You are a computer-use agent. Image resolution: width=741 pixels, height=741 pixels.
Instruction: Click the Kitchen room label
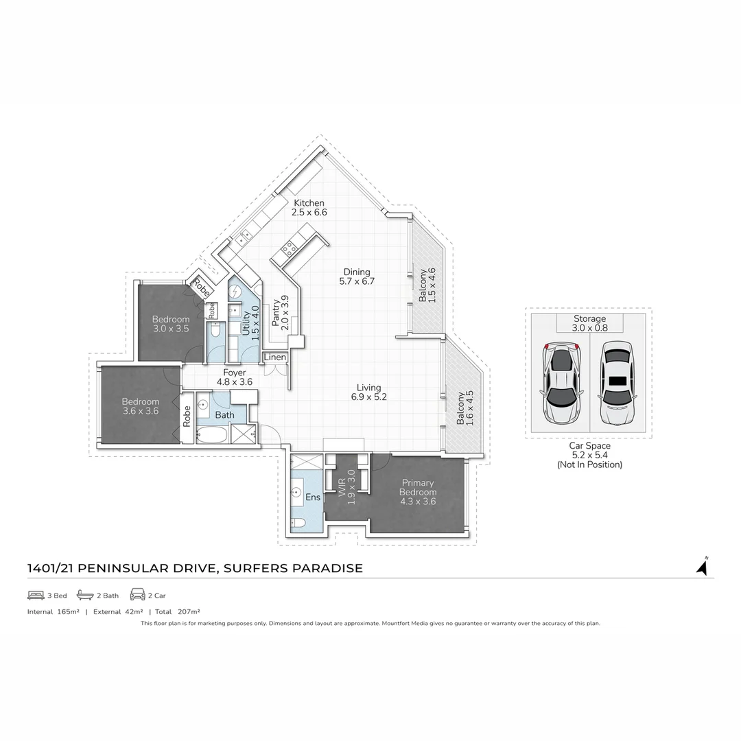point(309,208)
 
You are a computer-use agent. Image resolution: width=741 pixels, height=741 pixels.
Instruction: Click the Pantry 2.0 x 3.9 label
point(281,312)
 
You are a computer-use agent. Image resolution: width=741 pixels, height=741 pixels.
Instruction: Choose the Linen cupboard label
point(275,358)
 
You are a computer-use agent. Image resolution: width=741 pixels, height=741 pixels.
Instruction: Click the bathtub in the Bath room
point(211,434)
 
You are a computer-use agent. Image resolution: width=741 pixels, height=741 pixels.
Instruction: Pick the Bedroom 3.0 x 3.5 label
point(171,324)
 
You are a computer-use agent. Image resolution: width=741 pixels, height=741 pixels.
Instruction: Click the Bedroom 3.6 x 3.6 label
point(141,406)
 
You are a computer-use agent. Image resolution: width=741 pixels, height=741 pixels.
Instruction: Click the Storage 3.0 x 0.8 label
point(589,323)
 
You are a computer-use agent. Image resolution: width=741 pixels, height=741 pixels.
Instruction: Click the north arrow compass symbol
point(702,567)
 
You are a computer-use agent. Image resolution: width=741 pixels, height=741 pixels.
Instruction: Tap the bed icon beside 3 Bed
point(36,595)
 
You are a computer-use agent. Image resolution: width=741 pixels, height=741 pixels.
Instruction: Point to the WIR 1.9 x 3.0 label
point(346,487)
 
